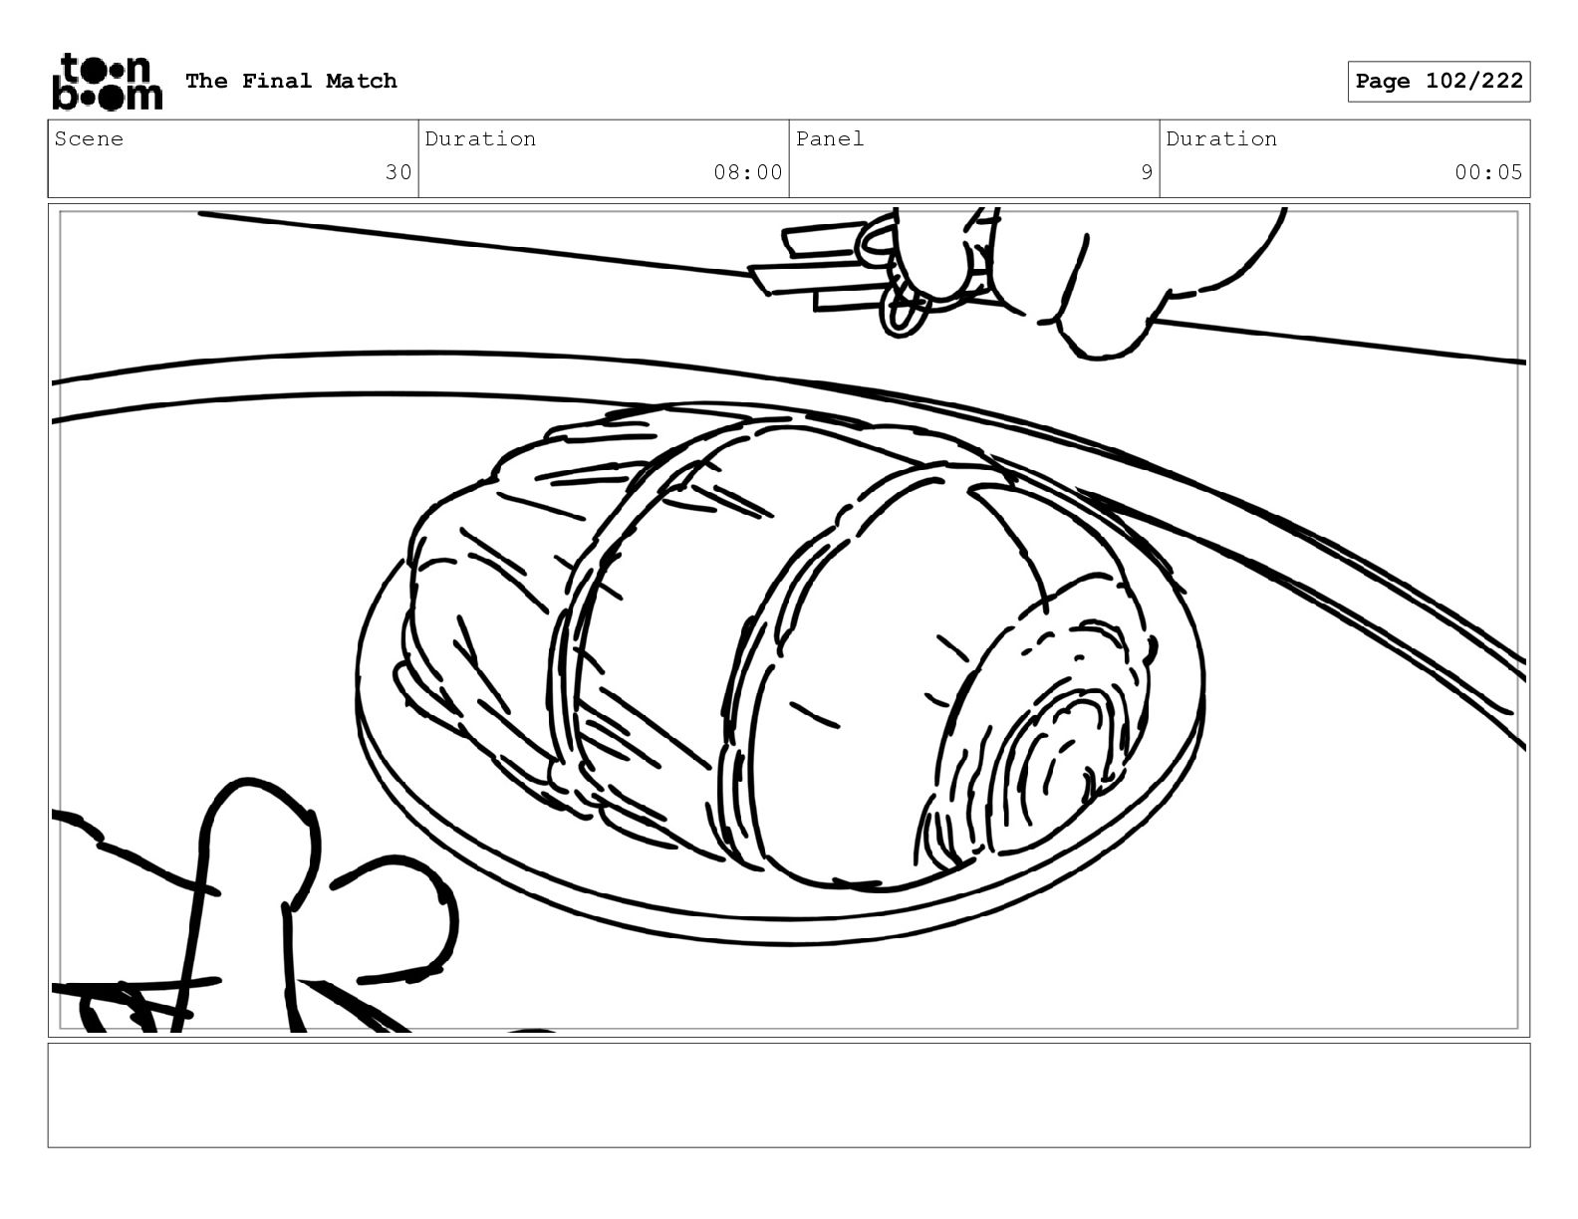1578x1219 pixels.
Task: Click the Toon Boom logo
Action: coord(108,82)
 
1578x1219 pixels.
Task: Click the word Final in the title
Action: coord(276,81)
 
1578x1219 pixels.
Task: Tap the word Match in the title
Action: coord(361,81)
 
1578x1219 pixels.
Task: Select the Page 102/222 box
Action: coord(1439,82)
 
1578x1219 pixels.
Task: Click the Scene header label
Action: coord(89,138)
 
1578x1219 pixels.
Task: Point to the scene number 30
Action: coord(397,172)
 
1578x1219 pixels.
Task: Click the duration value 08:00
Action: coord(747,172)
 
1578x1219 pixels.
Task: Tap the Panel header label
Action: coord(829,138)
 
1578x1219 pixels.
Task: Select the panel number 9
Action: coord(1146,172)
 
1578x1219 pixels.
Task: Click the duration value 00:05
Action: coord(1488,172)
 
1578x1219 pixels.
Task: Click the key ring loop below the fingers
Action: coord(904,311)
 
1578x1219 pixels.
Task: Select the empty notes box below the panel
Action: coord(789,1096)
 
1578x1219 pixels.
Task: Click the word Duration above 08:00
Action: coord(480,138)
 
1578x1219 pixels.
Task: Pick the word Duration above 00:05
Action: coord(1221,138)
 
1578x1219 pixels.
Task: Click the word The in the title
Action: coord(206,81)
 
